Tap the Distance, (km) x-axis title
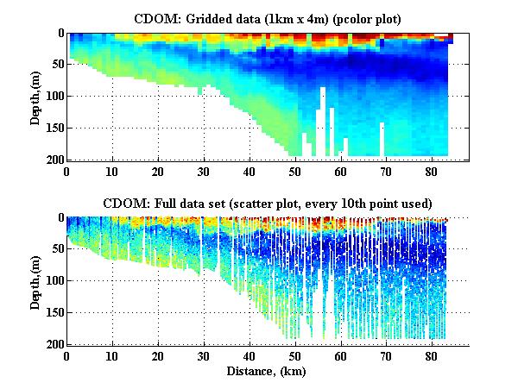point(267,371)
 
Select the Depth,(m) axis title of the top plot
point(35,96)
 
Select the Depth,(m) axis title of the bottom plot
point(35,280)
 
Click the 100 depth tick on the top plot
point(51,97)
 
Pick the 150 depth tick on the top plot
point(51,129)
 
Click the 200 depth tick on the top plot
point(51,160)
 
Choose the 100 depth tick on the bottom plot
point(51,281)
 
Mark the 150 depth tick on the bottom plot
point(51,313)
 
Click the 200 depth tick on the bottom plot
point(51,344)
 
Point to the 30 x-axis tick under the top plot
point(204,172)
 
